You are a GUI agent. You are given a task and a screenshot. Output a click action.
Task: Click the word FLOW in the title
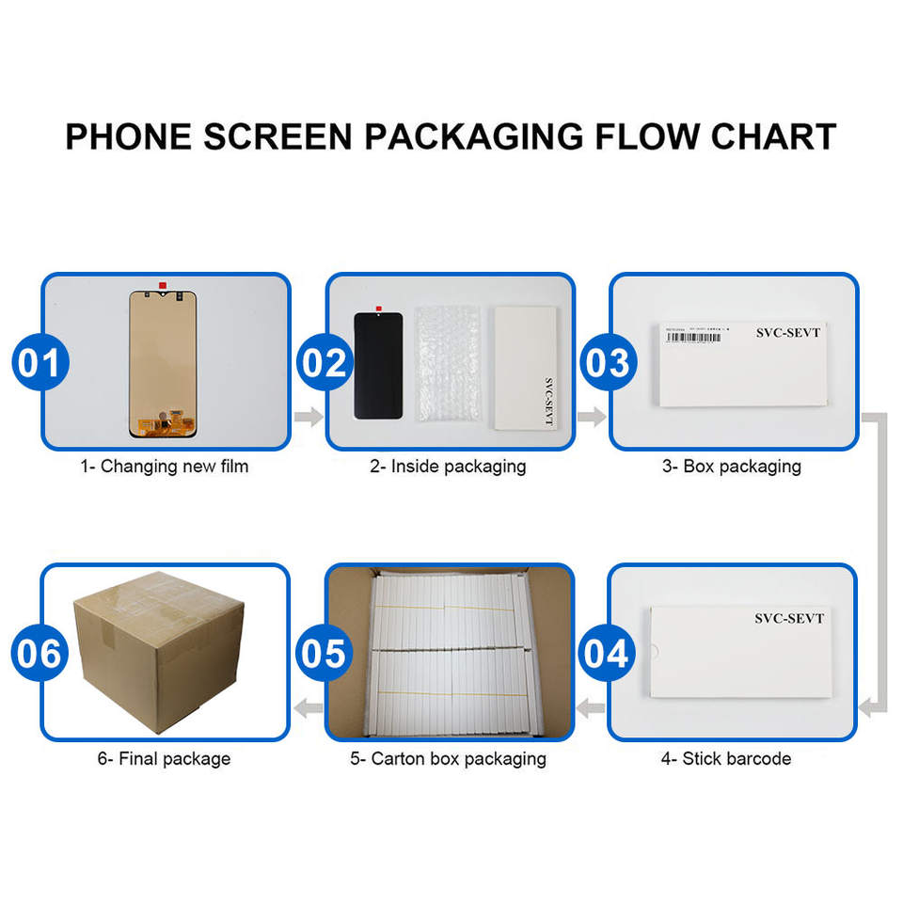[646, 136]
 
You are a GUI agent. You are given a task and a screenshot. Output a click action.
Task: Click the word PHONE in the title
[126, 136]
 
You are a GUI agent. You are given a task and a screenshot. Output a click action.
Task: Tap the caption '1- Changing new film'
[164, 466]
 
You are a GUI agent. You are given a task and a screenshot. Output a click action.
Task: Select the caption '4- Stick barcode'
[725, 758]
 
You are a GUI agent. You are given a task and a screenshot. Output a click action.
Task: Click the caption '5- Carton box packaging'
[448, 758]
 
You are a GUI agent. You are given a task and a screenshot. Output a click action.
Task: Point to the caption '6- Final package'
[164, 758]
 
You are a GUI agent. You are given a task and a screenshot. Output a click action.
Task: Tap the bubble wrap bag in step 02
[448, 368]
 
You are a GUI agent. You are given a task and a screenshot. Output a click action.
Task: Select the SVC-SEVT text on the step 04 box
[788, 619]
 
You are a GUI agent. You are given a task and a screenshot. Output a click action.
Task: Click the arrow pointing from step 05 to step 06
[309, 707]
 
